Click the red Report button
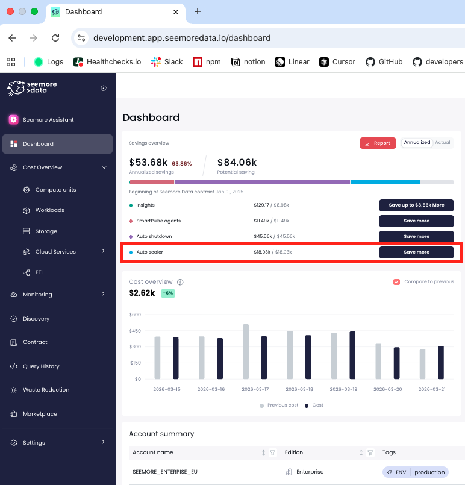pyautogui.click(x=378, y=143)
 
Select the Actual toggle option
pyautogui.click(x=443, y=143)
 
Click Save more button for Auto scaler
pyautogui.click(x=416, y=252)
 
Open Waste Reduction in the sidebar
pyautogui.click(x=46, y=390)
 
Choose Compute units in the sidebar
pyautogui.click(x=55, y=190)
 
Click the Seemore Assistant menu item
pyautogui.click(x=48, y=120)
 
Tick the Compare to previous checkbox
pyautogui.click(x=396, y=281)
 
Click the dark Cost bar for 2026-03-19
pyautogui.click(x=352, y=355)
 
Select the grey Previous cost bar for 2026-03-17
pyautogui.click(x=246, y=351)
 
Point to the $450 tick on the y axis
pyautogui.click(x=134, y=331)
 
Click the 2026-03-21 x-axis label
pyautogui.click(x=431, y=389)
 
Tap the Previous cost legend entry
pyautogui.click(x=279, y=405)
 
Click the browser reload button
pyautogui.click(x=55, y=38)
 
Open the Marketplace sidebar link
pyautogui.click(x=40, y=414)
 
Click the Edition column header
pyautogui.click(x=294, y=452)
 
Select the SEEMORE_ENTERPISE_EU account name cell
pyautogui.click(x=164, y=472)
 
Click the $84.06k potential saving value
pyautogui.click(x=237, y=162)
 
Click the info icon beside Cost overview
pyautogui.click(x=180, y=282)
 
